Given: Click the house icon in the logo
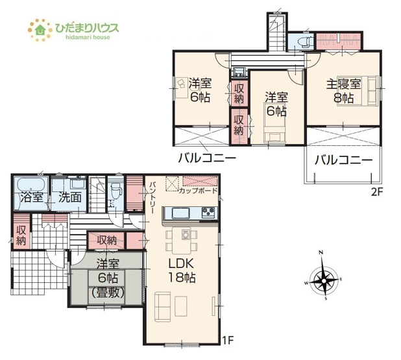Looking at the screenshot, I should pyautogui.click(x=40, y=29).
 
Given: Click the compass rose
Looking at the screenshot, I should pyautogui.click(x=322, y=280).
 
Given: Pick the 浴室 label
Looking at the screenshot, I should pyautogui.click(x=30, y=198).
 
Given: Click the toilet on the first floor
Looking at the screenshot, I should pyautogui.click(x=116, y=191).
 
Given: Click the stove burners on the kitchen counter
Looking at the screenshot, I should pyautogui.click(x=209, y=213).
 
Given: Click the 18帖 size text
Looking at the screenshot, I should pyautogui.click(x=182, y=278).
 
